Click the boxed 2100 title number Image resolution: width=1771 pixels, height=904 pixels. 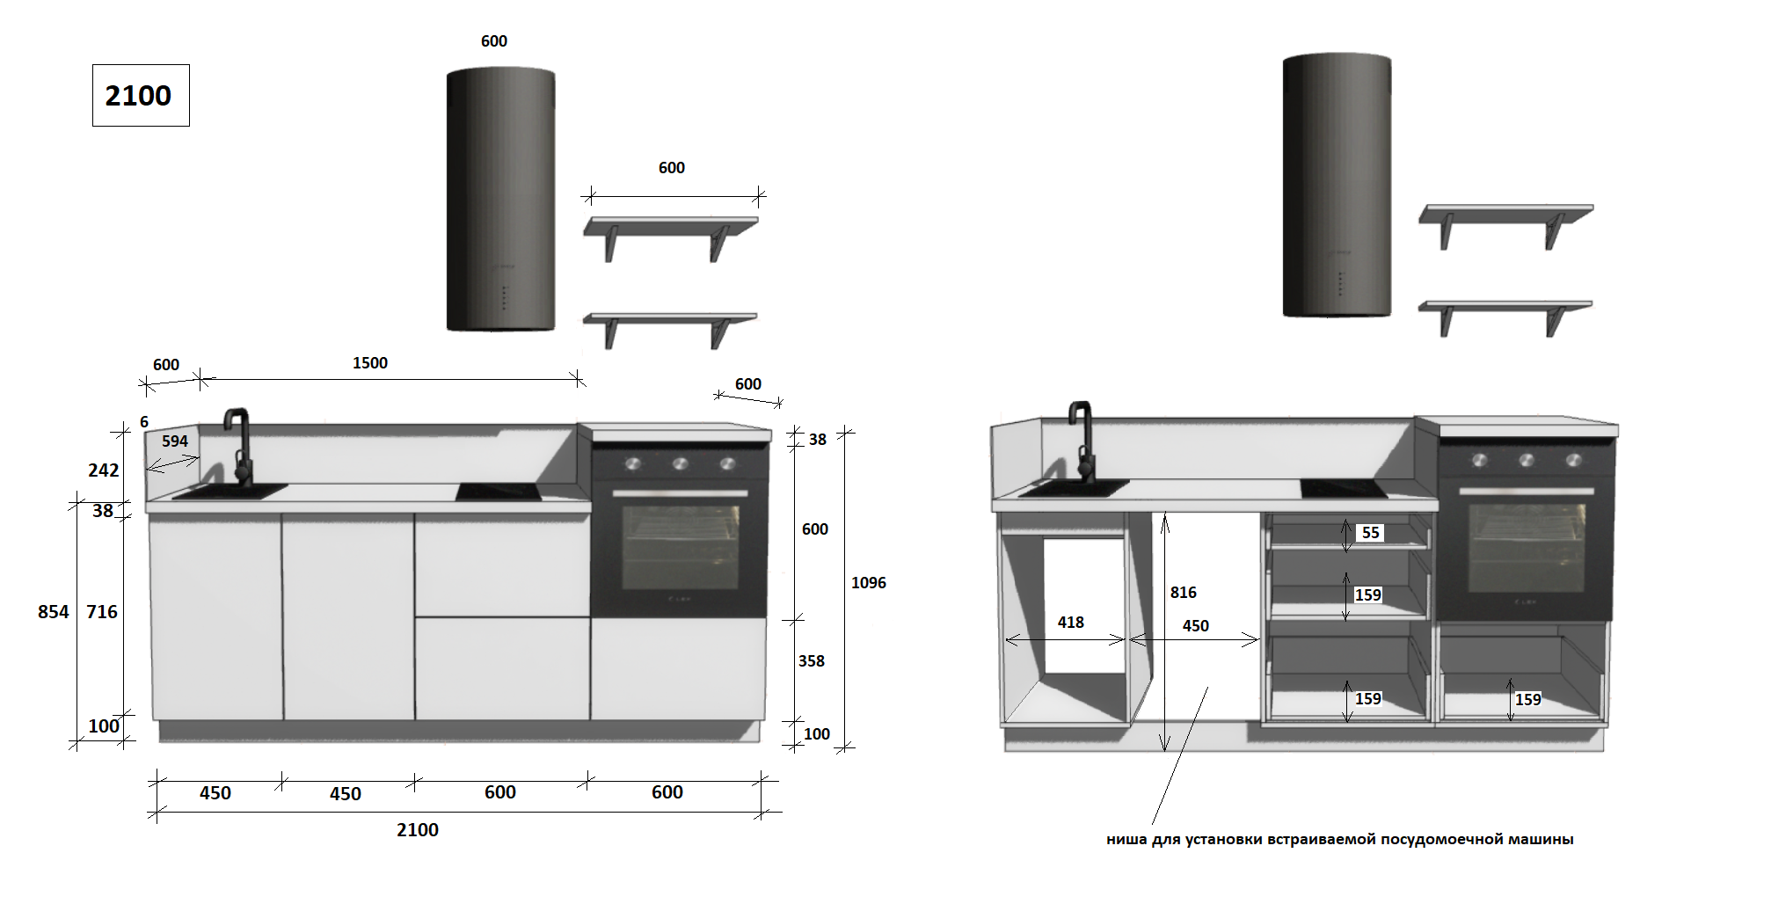point(139,95)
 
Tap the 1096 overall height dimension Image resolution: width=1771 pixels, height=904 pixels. point(869,582)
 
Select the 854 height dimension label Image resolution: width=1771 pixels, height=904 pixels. point(54,611)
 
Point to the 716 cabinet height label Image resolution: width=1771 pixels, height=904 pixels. point(102,611)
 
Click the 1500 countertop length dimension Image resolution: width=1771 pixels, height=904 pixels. point(370,362)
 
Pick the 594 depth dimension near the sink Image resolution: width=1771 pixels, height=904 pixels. point(175,441)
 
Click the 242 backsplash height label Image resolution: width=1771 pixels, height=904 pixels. point(104,470)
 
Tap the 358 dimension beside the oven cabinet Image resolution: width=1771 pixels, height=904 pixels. point(812,660)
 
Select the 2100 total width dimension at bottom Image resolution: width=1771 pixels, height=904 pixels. point(418,829)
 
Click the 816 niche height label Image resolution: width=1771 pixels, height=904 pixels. point(1184,592)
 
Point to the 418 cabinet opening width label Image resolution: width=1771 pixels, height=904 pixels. point(1071,622)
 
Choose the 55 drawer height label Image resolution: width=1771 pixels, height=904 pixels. point(1371,532)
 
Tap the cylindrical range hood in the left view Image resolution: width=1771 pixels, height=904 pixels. point(501,200)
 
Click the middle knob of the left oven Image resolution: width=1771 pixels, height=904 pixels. point(680,463)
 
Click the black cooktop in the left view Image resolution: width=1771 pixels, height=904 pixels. point(503,492)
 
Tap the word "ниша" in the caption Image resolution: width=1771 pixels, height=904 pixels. point(1126,839)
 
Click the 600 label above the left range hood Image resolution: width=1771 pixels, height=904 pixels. point(494,40)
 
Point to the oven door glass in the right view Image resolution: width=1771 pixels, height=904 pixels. point(1527,546)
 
